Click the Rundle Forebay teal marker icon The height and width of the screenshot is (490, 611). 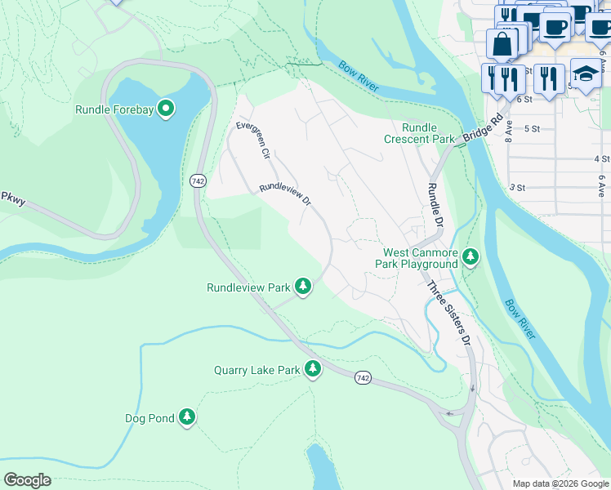(166, 109)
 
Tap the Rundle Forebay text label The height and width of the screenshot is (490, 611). (114, 109)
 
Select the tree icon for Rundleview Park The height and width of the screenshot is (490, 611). (303, 287)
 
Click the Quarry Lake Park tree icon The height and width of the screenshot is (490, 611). (312, 369)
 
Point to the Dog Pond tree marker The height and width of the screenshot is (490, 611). (187, 417)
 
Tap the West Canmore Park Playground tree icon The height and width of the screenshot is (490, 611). (470, 257)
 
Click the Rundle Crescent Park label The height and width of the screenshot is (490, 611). (420, 133)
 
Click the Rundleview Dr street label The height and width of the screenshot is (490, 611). (285, 194)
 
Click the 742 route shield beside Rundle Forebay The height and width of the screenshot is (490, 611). (197, 180)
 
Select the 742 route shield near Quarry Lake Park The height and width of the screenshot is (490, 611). (363, 377)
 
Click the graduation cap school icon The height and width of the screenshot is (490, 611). (585, 74)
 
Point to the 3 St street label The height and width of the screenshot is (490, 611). (517, 187)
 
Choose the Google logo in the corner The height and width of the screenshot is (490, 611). (27, 480)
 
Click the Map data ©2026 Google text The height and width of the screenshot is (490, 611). (560, 483)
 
